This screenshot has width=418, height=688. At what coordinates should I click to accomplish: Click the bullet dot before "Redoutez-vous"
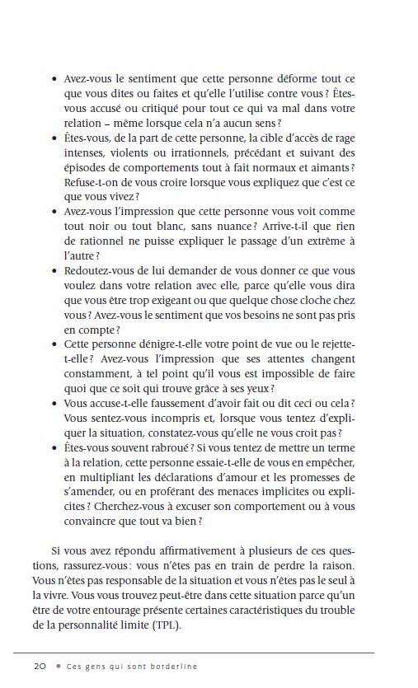(54, 271)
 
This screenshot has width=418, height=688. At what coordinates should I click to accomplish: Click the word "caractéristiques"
(281, 609)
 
